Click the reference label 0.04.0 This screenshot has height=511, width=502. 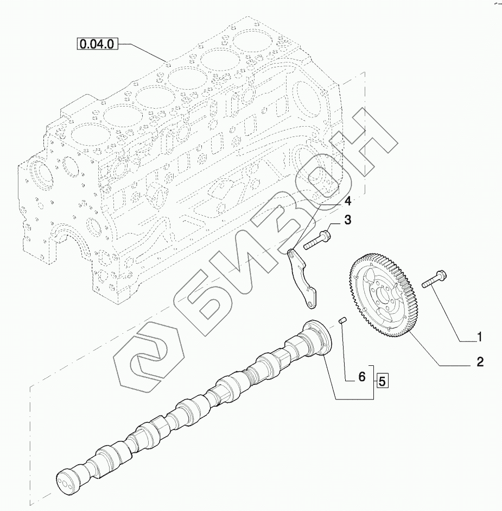coord(97,43)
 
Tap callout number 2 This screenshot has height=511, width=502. coord(480,362)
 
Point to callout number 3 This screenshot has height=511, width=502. coord(348,220)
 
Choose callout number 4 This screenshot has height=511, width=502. coord(348,201)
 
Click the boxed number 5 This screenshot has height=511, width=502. coord(382,381)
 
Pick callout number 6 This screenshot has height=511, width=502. coord(362,377)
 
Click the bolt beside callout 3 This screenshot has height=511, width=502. coord(317,240)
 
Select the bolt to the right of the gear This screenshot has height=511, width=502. coord(434,279)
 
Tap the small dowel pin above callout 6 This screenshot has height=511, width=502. coord(343,320)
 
